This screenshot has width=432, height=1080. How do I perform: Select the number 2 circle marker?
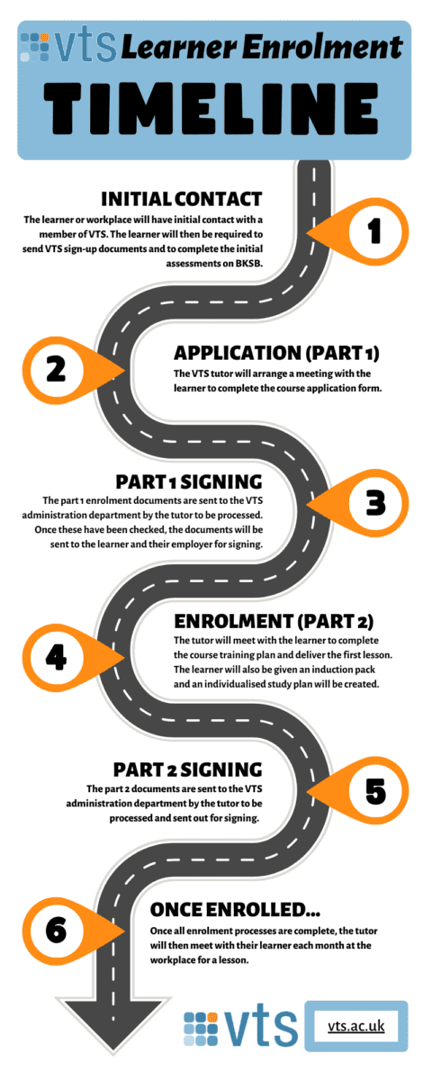pyautogui.click(x=56, y=368)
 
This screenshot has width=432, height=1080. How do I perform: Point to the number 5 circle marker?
pyautogui.click(x=374, y=791)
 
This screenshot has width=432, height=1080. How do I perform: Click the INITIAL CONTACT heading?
pyautogui.click(x=181, y=198)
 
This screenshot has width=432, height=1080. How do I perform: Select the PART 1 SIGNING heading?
pyautogui.click(x=188, y=481)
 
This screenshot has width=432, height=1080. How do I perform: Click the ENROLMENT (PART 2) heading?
pyautogui.click(x=273, y=620)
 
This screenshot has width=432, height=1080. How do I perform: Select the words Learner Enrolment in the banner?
pyautogui.click(x=261, y=45)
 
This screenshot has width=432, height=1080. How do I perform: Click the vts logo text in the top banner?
pyautogui.click(x=86, y=44)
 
